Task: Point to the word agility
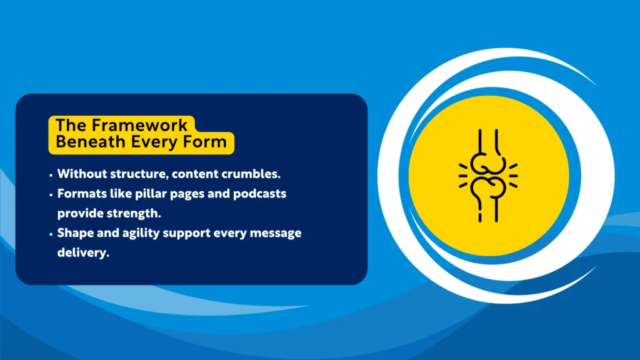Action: pyautogui.click(x=147, y=233)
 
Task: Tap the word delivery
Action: pyautogui.click(x=79, y=253)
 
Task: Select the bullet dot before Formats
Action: pyautogui.click(x=51, y=194)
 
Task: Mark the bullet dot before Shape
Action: pyautogui.click(x=51, y=234)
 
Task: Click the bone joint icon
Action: pyautogui.click(x=488, y=176)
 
